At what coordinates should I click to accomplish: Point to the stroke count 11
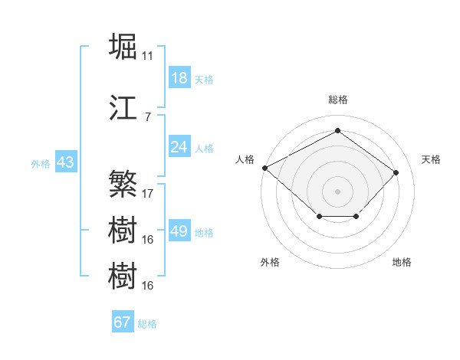coord(148,56)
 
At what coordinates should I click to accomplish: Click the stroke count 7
coord(148,116)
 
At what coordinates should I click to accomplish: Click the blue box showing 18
coord(179,79)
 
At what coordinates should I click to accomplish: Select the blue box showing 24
coord(179,147)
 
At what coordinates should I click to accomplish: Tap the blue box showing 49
coord(179,231)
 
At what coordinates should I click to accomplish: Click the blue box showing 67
coord(122,322)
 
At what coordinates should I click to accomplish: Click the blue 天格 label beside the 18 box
coord(204,80)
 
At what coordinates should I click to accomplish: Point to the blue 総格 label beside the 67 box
coord(147,324)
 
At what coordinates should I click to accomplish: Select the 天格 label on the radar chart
coord(432,159)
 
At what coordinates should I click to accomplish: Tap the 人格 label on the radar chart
coord(245,159)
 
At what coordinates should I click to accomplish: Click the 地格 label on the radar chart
coord(402,262)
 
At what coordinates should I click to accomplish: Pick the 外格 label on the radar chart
coord(270,262)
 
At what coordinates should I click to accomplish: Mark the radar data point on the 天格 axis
coord(396,172)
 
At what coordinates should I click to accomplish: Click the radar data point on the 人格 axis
coord(265,168)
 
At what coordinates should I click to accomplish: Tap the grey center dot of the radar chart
coord(337,191)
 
